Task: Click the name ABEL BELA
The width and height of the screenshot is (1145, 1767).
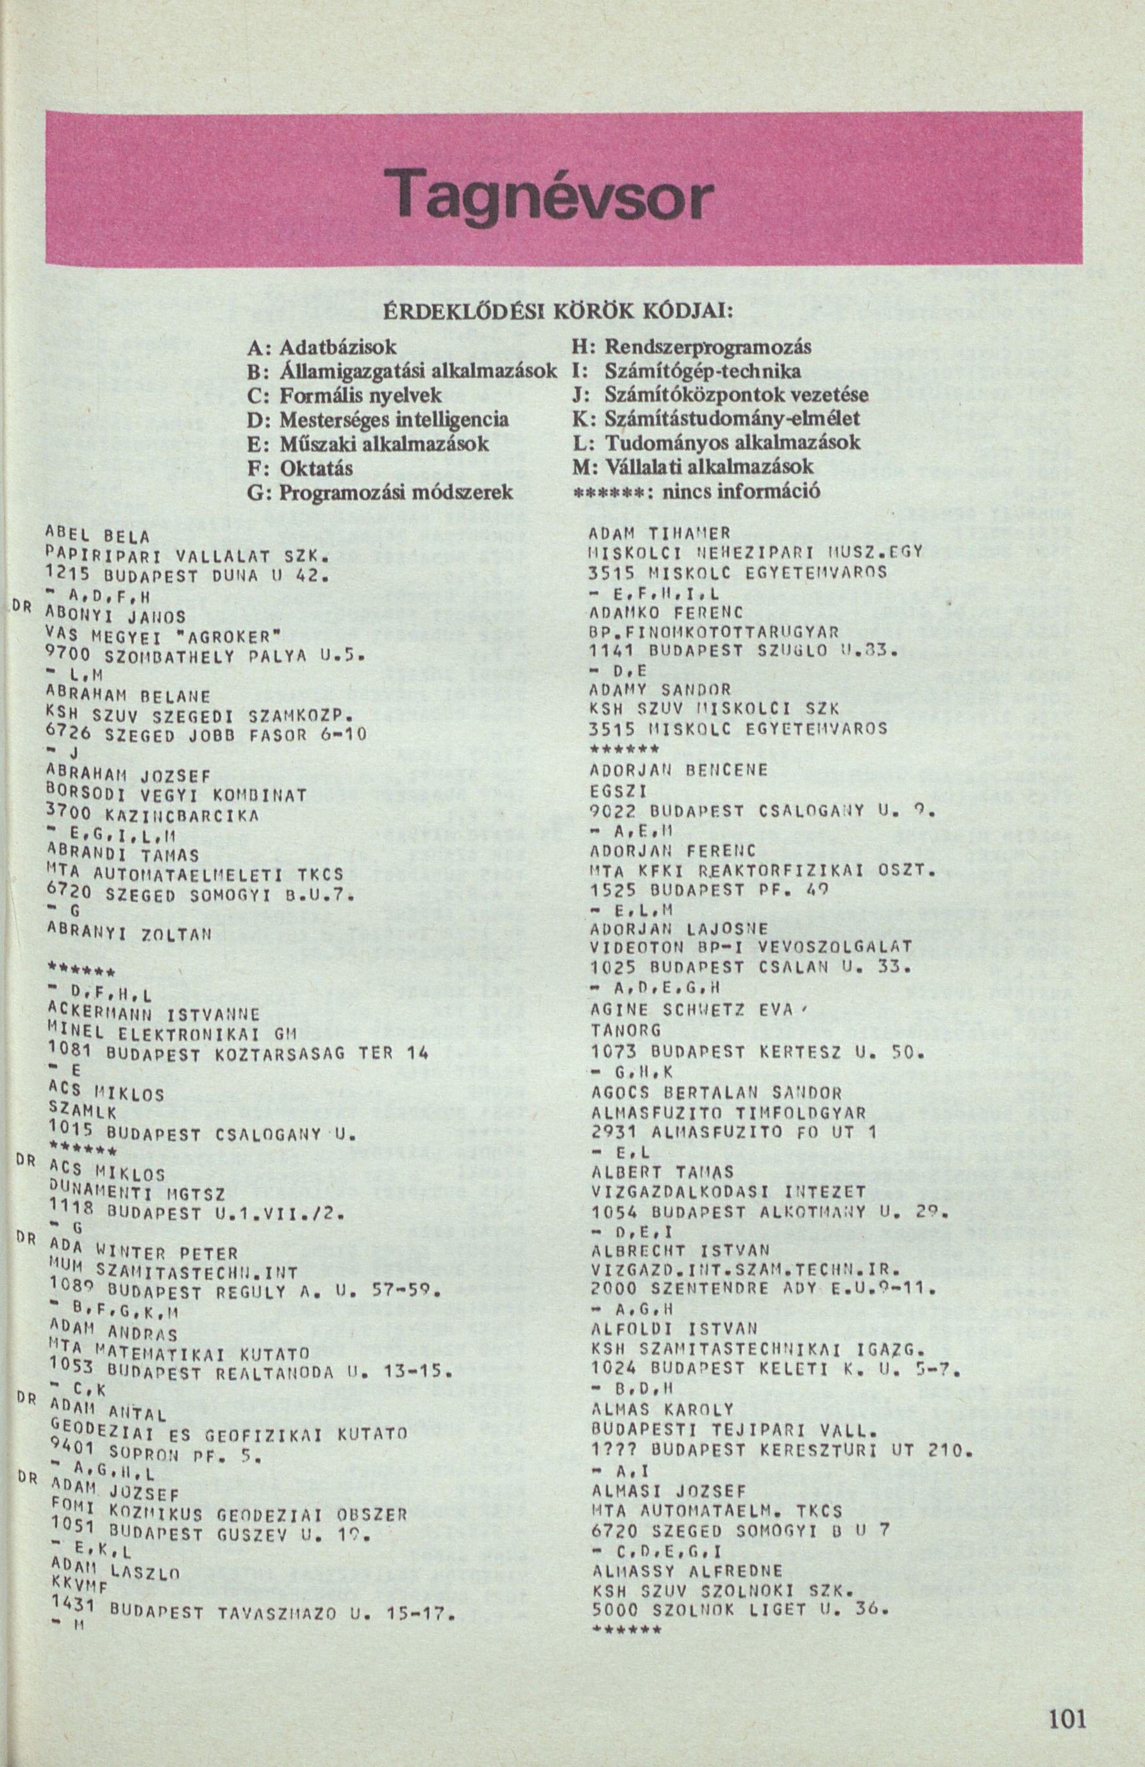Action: [98, 535]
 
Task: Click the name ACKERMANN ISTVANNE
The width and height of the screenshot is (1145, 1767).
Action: [151, 1012]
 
